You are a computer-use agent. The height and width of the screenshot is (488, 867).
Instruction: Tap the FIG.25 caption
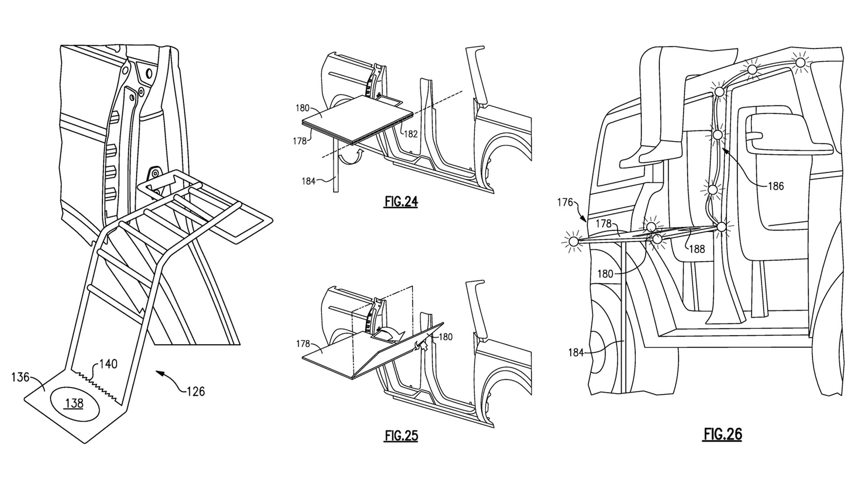401,436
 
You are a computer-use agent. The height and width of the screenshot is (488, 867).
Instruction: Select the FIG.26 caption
722,434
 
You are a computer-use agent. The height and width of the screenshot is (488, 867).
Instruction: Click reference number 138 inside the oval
74,403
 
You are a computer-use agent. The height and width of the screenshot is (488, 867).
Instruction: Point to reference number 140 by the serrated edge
108,364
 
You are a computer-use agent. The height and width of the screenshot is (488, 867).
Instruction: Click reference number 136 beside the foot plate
20,377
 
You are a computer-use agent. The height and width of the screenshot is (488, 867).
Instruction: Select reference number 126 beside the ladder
196,391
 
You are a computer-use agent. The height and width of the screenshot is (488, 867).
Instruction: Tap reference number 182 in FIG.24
411,134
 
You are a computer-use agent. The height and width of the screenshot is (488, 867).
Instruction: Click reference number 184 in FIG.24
308,181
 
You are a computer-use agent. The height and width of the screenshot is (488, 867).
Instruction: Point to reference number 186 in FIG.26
775,186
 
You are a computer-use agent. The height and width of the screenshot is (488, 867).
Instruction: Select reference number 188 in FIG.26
697,249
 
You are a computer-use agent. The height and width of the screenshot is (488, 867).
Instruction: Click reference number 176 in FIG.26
565,202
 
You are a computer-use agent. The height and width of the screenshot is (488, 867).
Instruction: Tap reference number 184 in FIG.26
576,353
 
